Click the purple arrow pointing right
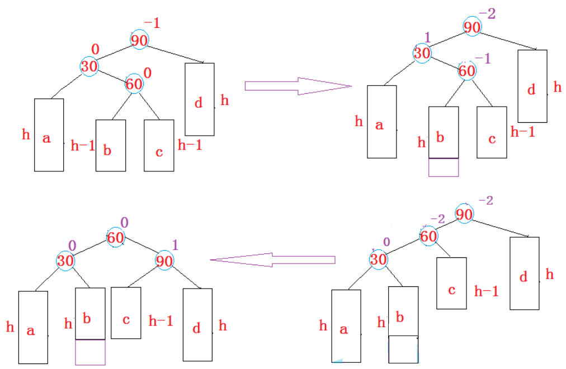(296, 85)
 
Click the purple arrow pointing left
(272, 260)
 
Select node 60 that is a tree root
(116, 238)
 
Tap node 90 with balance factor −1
(139, 40)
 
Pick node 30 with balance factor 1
(422, 53)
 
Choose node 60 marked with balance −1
(466, 71)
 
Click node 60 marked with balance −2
(428, 236)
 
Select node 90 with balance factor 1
(164, 260)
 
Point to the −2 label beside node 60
(437, 220)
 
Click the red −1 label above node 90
(152, 23)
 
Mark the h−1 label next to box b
(83, 146)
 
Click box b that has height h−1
(110, 146)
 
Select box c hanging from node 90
(126, 313)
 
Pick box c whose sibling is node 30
(451, 283)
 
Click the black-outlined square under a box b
(403, 349)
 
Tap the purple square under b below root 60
(90, 352)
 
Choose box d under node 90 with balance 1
(197, 324)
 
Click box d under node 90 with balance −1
(199, 99)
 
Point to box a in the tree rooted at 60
(32, 327)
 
